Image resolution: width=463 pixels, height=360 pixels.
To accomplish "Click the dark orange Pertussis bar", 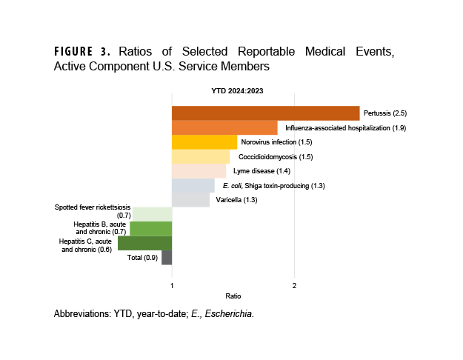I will pyautogui.click(x=265, y=113).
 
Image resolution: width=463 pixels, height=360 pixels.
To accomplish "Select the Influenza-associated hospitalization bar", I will pyautogui.click(x=224, y=127).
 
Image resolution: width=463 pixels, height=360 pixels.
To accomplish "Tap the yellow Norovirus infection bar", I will pyautogui.click(x=204, y=142).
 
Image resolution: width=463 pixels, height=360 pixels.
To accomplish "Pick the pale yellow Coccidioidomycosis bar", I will pyautogui.click(x=201, y=156).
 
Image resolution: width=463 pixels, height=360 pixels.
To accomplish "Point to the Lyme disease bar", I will pyautogui.click(x=199, y=171).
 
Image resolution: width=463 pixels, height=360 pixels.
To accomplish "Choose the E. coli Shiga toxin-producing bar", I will pyautogui.click(x=193, y=185).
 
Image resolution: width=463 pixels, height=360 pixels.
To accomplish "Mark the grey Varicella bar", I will pyautogui.click(x=190, y=200).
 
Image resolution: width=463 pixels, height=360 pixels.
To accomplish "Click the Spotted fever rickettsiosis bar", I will pyautogui.click(x=153, y=214).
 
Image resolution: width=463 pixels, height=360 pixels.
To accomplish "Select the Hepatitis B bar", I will pyautogui.click(x=150, y=228).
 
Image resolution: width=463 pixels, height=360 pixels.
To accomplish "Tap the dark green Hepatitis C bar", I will pyautogui.click(x=144, y=243).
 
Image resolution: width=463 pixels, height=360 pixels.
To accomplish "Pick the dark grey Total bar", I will pyautogui.click(x=167, y=257).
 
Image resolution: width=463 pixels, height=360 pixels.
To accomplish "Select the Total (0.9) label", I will pyautogui.click(x=142, y=257).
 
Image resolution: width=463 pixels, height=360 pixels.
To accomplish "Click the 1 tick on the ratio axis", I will pyautogui.click(x=172, y=286).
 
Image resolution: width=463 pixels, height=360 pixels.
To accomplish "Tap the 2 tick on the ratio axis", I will pyautogui.click(x=295, y=286).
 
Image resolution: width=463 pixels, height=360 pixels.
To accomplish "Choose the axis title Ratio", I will pyautogui.click(x=233, y=296).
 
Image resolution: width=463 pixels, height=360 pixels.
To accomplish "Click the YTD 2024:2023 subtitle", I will pyautogui.click(x=234, y=91).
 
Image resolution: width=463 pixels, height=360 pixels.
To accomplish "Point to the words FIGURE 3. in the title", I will pyautogui.click(x=81, y=52).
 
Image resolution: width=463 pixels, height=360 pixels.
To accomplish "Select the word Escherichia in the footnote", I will pyautogui.click(x=230, y=314).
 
